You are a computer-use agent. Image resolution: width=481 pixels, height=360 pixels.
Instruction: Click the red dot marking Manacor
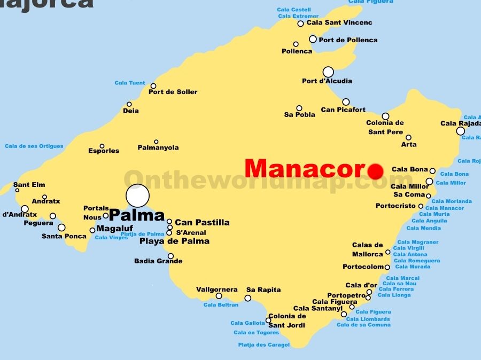(376, 171)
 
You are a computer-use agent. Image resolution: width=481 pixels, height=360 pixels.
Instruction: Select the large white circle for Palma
(137, 195)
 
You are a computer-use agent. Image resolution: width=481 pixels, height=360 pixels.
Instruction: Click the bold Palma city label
(137, 215)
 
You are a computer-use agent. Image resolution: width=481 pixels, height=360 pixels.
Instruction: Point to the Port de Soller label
(173, 92)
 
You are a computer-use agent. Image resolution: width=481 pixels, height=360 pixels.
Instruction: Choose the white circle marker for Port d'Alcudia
(328, 72)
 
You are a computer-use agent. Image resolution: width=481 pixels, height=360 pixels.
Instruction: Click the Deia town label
(130, 111)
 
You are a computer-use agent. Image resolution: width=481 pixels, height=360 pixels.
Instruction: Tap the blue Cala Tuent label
(130, 83)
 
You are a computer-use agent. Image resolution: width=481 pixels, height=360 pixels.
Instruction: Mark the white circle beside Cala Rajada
(460, 131)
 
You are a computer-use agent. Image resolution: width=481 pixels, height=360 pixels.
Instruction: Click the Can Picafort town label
(343, 110)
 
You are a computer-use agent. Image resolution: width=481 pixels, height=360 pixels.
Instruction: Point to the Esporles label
(104, 151)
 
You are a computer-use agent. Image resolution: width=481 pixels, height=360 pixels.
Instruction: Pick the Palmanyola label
(158, 147)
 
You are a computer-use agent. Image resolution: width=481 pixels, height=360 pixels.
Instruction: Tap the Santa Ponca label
(64, 236)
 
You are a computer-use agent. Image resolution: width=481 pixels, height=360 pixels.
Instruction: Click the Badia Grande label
(158, 261)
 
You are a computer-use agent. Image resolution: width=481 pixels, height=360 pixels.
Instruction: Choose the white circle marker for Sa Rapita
(248, 298)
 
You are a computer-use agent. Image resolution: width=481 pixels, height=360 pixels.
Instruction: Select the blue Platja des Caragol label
(263, 345)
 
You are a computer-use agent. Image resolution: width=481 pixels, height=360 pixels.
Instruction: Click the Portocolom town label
(363, 267)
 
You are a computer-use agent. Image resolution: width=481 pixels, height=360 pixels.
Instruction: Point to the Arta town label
(408, 144)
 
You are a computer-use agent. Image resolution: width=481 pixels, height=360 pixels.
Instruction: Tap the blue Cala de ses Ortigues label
(34, 146)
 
